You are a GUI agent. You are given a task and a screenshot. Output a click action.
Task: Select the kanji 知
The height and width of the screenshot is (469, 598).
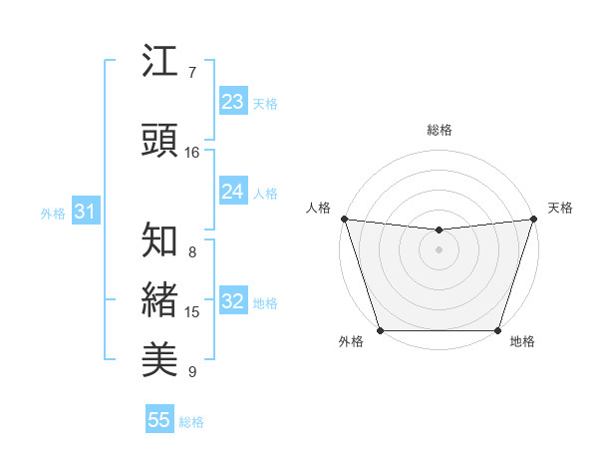(160, 240)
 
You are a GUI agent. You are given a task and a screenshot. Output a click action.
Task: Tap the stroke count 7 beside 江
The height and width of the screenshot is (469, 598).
(192, 73)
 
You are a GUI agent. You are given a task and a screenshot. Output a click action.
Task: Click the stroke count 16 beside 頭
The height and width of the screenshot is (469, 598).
(192, 153)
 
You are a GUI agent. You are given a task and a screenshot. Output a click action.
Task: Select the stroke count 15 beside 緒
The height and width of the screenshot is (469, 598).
(192, 312)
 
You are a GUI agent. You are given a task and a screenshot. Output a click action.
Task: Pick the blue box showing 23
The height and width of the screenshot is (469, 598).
(232, 102)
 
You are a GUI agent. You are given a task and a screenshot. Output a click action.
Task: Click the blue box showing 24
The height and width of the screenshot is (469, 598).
(232, 192)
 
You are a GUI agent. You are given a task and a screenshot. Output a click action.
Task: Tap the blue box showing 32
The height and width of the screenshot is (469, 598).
(232, 301)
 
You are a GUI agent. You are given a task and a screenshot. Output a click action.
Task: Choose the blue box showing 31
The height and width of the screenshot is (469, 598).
(85, 212)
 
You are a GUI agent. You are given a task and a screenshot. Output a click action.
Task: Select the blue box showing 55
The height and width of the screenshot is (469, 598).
(159, 420)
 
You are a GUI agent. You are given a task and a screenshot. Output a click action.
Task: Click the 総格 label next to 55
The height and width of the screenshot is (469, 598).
(191, 422)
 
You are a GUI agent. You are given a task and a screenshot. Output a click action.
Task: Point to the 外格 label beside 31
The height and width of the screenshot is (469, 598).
(53, 213)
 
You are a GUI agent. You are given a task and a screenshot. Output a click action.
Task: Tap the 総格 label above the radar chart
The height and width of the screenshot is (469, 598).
(439, 130)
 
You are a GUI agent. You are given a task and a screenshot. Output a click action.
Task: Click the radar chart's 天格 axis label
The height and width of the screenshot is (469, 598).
(560, 208)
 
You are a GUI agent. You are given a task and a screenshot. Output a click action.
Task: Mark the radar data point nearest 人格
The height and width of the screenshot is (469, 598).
(344, 219)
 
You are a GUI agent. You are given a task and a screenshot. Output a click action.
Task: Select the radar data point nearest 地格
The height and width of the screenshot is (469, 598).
(497, 330)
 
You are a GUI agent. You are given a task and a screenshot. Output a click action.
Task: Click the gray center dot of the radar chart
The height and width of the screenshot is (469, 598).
(439, 249)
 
